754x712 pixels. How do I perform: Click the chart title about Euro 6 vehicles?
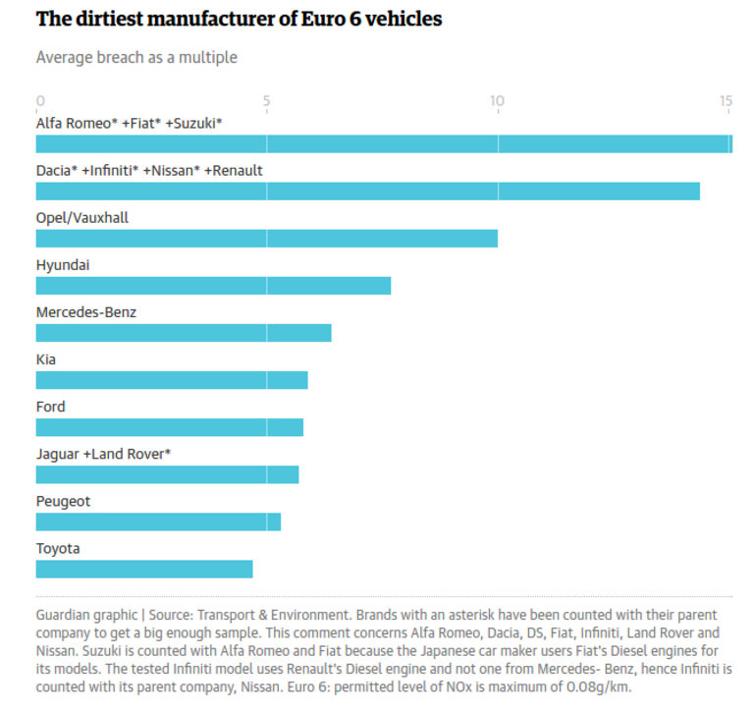[x=239, y=19]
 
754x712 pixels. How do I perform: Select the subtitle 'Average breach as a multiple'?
[x=136, y=57]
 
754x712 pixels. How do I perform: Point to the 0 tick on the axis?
[x=40, y=100]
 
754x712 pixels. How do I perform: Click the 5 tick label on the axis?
[x=267, y=100]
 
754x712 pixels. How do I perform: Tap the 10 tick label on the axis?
[x=497, y=100]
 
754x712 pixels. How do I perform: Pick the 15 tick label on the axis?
[x=726, y=100]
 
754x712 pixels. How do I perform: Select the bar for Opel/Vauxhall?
[x=267, y=239]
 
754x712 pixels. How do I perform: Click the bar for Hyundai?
[x=213, y=286]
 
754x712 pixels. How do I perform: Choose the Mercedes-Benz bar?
[x=184, y=333]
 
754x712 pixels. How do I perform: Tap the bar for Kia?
[x=172, y=380]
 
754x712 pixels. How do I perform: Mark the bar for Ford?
[x=170, y=427]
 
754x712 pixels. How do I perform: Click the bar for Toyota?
[x=144, y=569]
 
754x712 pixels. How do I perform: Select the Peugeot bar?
[x=158, y=521]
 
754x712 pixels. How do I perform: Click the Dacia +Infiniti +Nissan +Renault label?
[x=149, y=171]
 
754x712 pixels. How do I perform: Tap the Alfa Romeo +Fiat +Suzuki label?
[x=130, y=124]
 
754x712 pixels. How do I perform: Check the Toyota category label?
[x=58, y=548]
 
